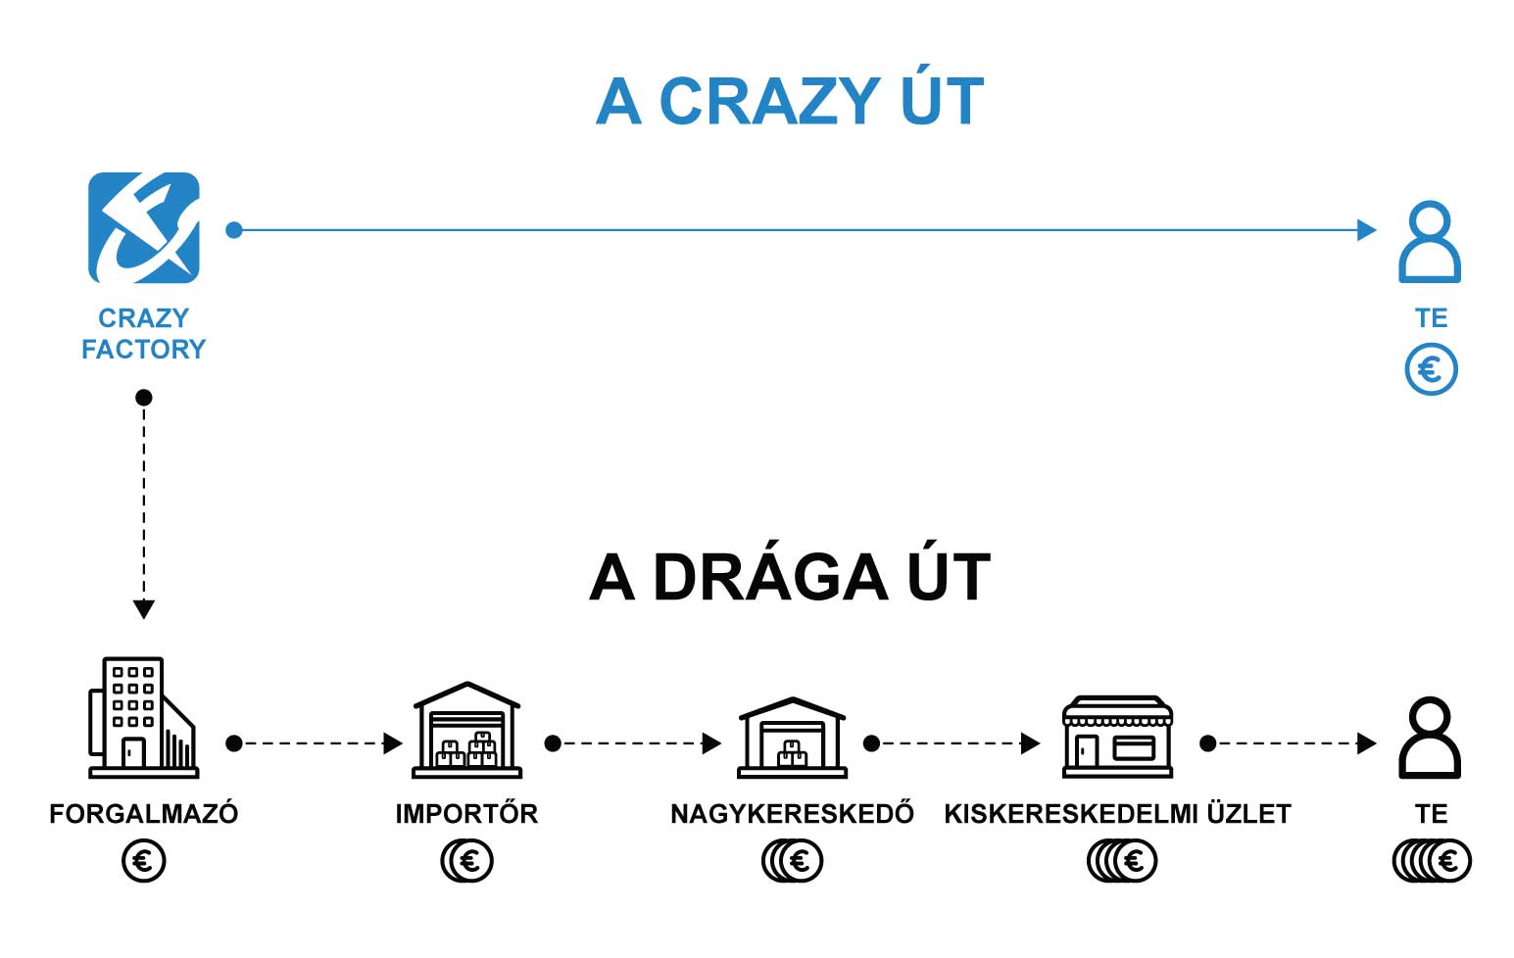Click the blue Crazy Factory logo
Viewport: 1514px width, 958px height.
tap(144, 227)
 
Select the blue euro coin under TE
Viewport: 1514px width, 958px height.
tap(1431, 369)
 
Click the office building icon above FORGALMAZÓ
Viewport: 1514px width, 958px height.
tap(143, 717)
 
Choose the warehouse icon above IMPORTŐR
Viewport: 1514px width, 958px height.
tap(467, 730)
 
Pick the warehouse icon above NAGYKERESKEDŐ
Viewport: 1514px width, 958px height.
tap(792, 737)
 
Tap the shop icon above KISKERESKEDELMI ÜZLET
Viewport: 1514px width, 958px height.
tap(1117, 737)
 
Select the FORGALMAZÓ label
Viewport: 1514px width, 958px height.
tap(144, 813)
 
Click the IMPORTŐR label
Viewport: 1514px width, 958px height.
tap(467, 813)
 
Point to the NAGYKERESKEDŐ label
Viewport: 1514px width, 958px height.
tap(792, 813)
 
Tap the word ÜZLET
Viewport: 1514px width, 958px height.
tap(1249, 813)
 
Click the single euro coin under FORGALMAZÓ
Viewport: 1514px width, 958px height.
tap(144, 861)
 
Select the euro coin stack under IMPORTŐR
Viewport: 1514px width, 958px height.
tap(467, 861)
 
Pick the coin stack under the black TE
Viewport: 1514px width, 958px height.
tap(1432, 861)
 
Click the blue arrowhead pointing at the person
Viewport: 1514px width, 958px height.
tap(1366, 229)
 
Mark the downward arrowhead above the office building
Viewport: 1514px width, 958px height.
tap(144, 608)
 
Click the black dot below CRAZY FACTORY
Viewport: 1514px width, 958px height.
tap(143, 398)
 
